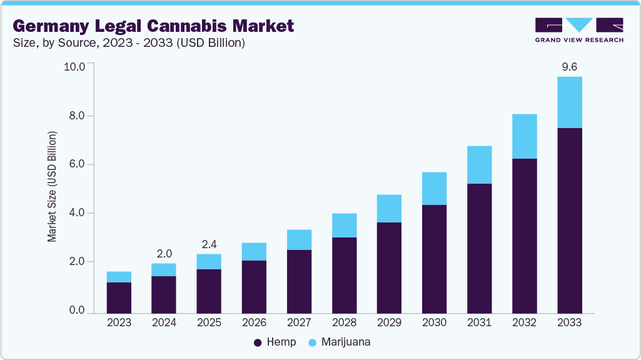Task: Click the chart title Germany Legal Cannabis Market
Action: pyautogui.click(x=153, y=26)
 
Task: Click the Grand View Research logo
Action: pyautogui.click(x=579, y=30)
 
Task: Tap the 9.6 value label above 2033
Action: pyautogui.click(x=569, y=66)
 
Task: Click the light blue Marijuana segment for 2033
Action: pyautogui.click(x=569, y=102)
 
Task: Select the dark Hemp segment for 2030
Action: pyautogui.click(x=434, y=259)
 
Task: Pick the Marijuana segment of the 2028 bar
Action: pyautogui.click(x=344, y=226)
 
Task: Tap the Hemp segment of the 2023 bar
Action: pyautogui.click(x=119, y=297)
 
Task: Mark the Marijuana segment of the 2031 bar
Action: pyautogui.click(x=479, y=165)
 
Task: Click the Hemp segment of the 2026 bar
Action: pyautogui.click(x=254, y=286)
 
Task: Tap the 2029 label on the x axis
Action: pyautogui.click(x=389, y=323)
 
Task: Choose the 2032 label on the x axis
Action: pyautogui.click(x=524, y=323)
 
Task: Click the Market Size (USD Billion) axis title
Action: pyautogui.click(x=53, y=187)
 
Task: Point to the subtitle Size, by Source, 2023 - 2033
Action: pyautogui.click(x=128, y=43)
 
